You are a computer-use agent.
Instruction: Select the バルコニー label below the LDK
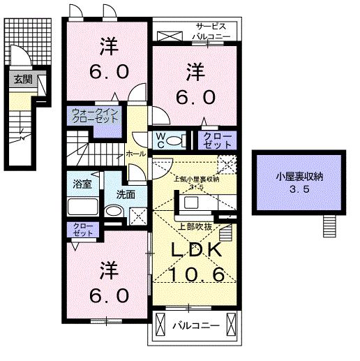[196, 326]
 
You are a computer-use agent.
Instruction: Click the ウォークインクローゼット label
[94, 116]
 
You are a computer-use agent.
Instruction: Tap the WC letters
[160, 140]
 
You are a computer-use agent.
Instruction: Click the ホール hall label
[135, 154]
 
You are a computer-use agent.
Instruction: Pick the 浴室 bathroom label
[82, 184]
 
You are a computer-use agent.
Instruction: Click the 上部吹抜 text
[195, 225]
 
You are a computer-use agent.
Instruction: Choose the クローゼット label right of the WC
[213, 139]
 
